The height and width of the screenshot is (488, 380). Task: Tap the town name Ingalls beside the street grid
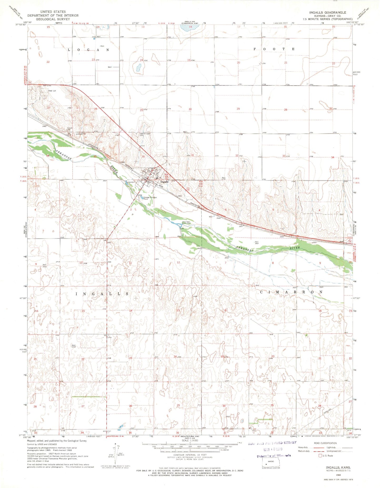(x=164, y=182)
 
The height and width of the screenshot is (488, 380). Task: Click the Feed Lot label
(x=52, y=91)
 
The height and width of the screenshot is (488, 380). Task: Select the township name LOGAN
(x=88, y=50)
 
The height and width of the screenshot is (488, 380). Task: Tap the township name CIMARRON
(x=291, y=292)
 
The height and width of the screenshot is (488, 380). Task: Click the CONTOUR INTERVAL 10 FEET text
(x=190, y=455)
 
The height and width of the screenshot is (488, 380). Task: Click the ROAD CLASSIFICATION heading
(x=325, y=443)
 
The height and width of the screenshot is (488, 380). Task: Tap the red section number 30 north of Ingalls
(x=190, y=109)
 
